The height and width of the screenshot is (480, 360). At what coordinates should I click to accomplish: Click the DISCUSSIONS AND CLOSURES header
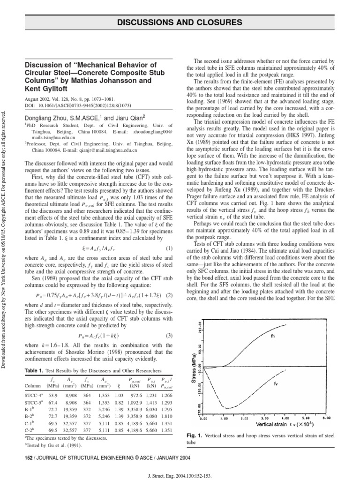pos(187,22)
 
